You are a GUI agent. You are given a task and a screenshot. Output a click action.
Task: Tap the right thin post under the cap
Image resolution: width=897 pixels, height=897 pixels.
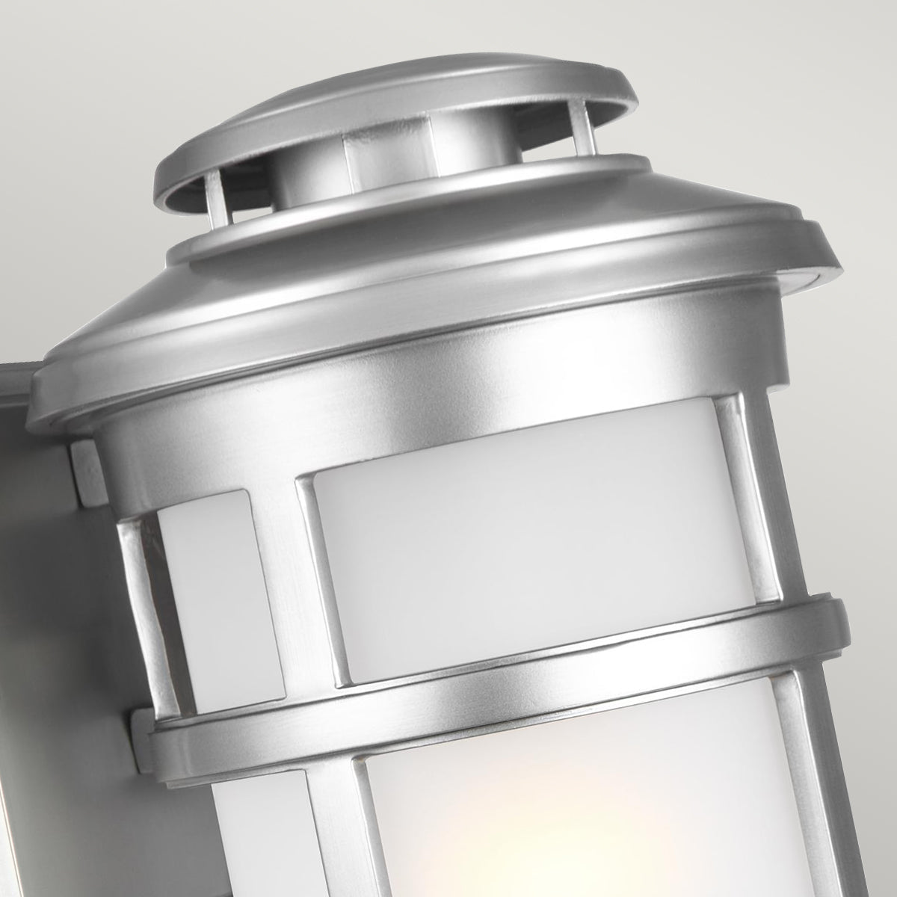[576, 120]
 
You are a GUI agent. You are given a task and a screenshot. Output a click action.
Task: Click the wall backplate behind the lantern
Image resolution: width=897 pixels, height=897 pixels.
[45, 635]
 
